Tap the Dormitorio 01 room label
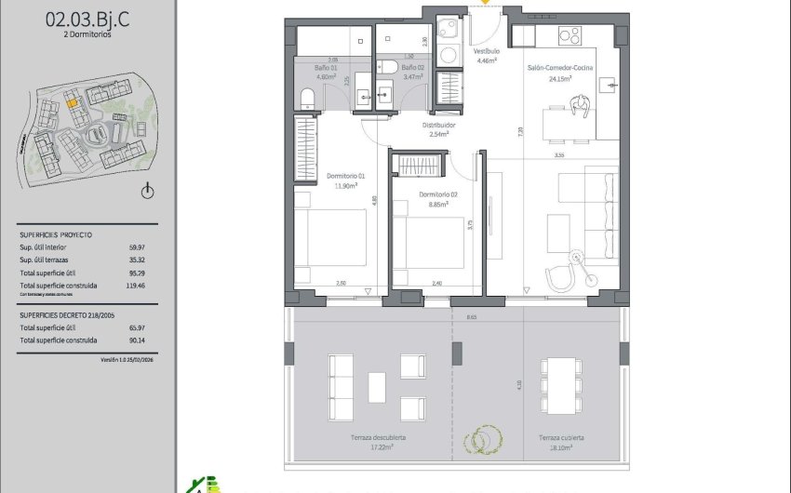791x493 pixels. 345,176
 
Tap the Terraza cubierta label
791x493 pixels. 561,436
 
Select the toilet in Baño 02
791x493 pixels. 388,66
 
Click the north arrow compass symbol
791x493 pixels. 146,193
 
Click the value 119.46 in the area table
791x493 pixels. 141,286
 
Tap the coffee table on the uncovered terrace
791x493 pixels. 376,385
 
